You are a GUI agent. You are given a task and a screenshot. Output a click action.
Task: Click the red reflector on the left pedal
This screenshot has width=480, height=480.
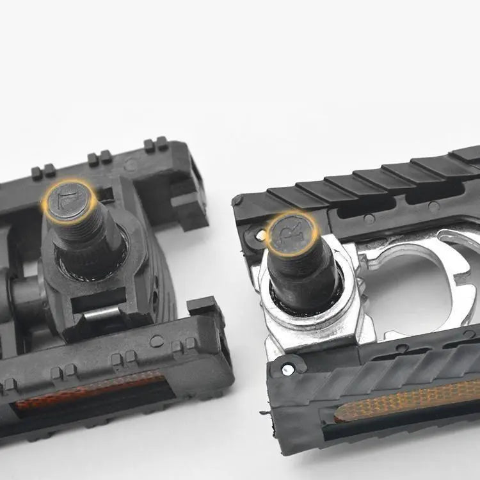tap(90, 390)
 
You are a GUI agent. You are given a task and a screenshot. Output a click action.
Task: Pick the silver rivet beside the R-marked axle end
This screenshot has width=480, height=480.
tap(260, 236)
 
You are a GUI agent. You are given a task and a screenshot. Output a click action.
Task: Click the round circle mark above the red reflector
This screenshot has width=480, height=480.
tap(156, 341)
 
